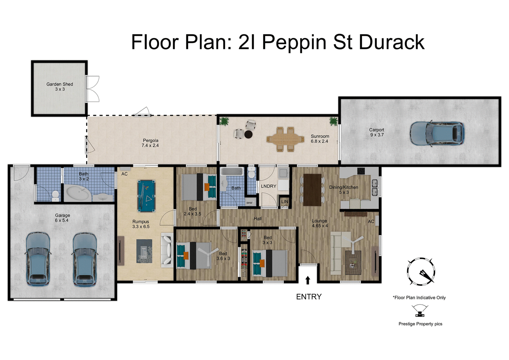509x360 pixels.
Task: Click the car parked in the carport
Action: (436, 133)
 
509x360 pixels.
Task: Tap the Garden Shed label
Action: (60, 87)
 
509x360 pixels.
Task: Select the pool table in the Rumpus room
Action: (146, 196)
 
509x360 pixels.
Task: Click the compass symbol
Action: (421, 271)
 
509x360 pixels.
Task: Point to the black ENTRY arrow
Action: (308, 280)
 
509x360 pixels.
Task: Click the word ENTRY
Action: (308, 297)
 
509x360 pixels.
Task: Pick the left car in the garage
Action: (38, 259)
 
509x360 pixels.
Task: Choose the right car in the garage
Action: (84, 259)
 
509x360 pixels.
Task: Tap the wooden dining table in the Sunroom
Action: (285, 139)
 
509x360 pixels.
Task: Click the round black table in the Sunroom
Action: (248, 134)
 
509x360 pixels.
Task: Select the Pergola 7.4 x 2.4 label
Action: (150, 143)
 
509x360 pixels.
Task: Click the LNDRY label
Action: (268, 186)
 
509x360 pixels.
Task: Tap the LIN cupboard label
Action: (284, 202)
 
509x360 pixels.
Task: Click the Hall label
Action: (258, 219)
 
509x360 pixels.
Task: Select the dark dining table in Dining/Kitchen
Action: (312, 190)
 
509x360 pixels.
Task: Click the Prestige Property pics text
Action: (420, 324)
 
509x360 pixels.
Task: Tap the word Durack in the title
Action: (391, 42)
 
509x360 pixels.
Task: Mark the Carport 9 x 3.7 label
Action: (377, 132)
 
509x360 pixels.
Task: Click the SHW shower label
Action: (249, 203)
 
